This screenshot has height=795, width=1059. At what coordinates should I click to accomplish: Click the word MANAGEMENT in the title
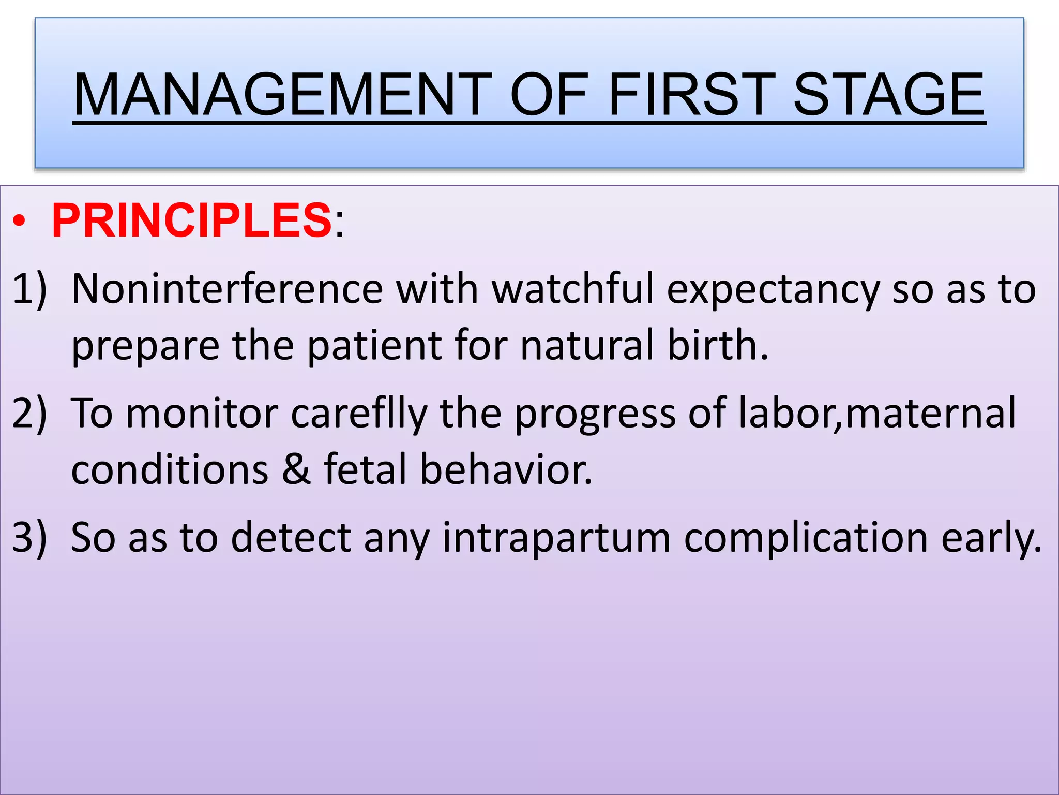282,95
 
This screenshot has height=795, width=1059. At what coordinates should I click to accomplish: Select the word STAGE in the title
888,95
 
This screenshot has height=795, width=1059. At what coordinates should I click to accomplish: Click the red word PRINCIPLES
192,221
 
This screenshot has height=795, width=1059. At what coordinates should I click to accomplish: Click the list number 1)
29,289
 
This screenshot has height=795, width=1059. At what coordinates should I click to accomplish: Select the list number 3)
29,537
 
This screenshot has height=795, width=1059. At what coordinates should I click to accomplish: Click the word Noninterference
227,289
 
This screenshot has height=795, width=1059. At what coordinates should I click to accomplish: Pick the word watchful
572,289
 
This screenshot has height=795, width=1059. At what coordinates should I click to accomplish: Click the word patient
374,346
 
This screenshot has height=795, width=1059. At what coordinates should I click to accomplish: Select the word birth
717,345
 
